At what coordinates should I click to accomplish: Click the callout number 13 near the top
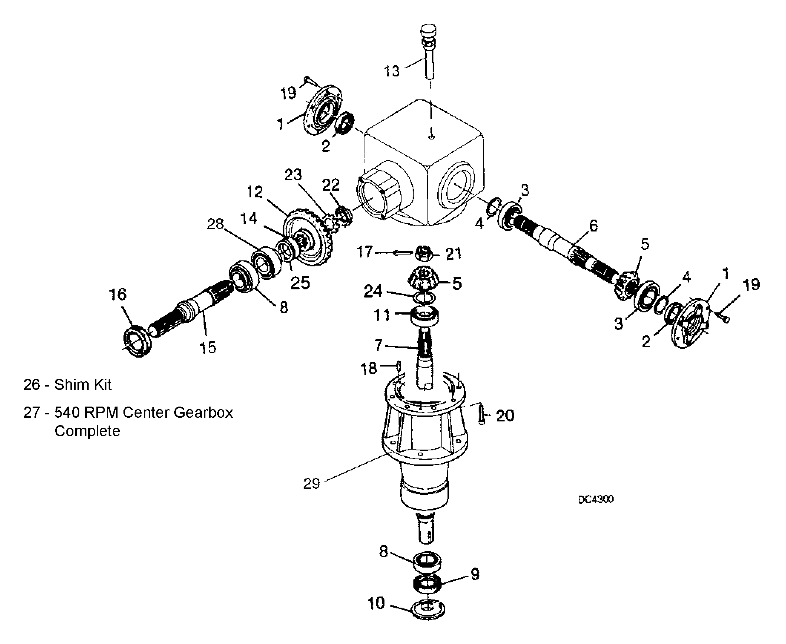click(x=392, y=70)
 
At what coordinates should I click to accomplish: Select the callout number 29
click(x=311, y=483)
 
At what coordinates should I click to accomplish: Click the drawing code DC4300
click(x=596, y=499)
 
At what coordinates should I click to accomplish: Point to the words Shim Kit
click(x=83, y=385)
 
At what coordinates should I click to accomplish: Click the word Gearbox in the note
click(x=203, y=413)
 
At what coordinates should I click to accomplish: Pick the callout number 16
click(x=118, y=294)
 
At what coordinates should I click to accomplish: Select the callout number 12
click(x=255, y=192)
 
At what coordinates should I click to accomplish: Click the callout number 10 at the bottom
click(x=376, y=604)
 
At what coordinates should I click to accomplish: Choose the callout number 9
click(x=475, y=574)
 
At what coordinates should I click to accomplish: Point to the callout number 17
click(x=364, y=252)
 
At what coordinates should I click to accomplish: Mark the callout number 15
click(x=208, y=347)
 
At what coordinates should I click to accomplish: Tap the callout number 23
click(x=293, y=174)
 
